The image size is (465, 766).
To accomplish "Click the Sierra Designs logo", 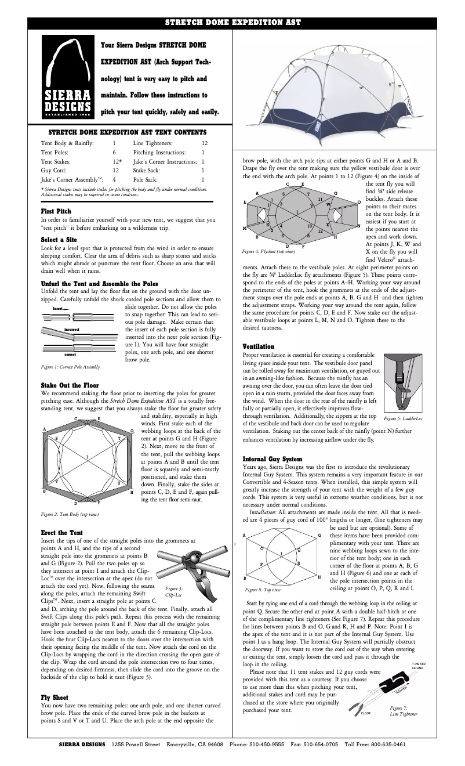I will click(x=68, y=76).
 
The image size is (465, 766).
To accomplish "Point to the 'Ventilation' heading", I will click(x=259, y=346).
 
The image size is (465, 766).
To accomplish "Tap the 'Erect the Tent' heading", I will click(x=61, y=532).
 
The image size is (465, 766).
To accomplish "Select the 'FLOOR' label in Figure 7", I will click(x=365, y=713).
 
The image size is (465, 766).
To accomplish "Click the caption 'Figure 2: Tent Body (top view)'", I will click(x=69, y=514).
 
